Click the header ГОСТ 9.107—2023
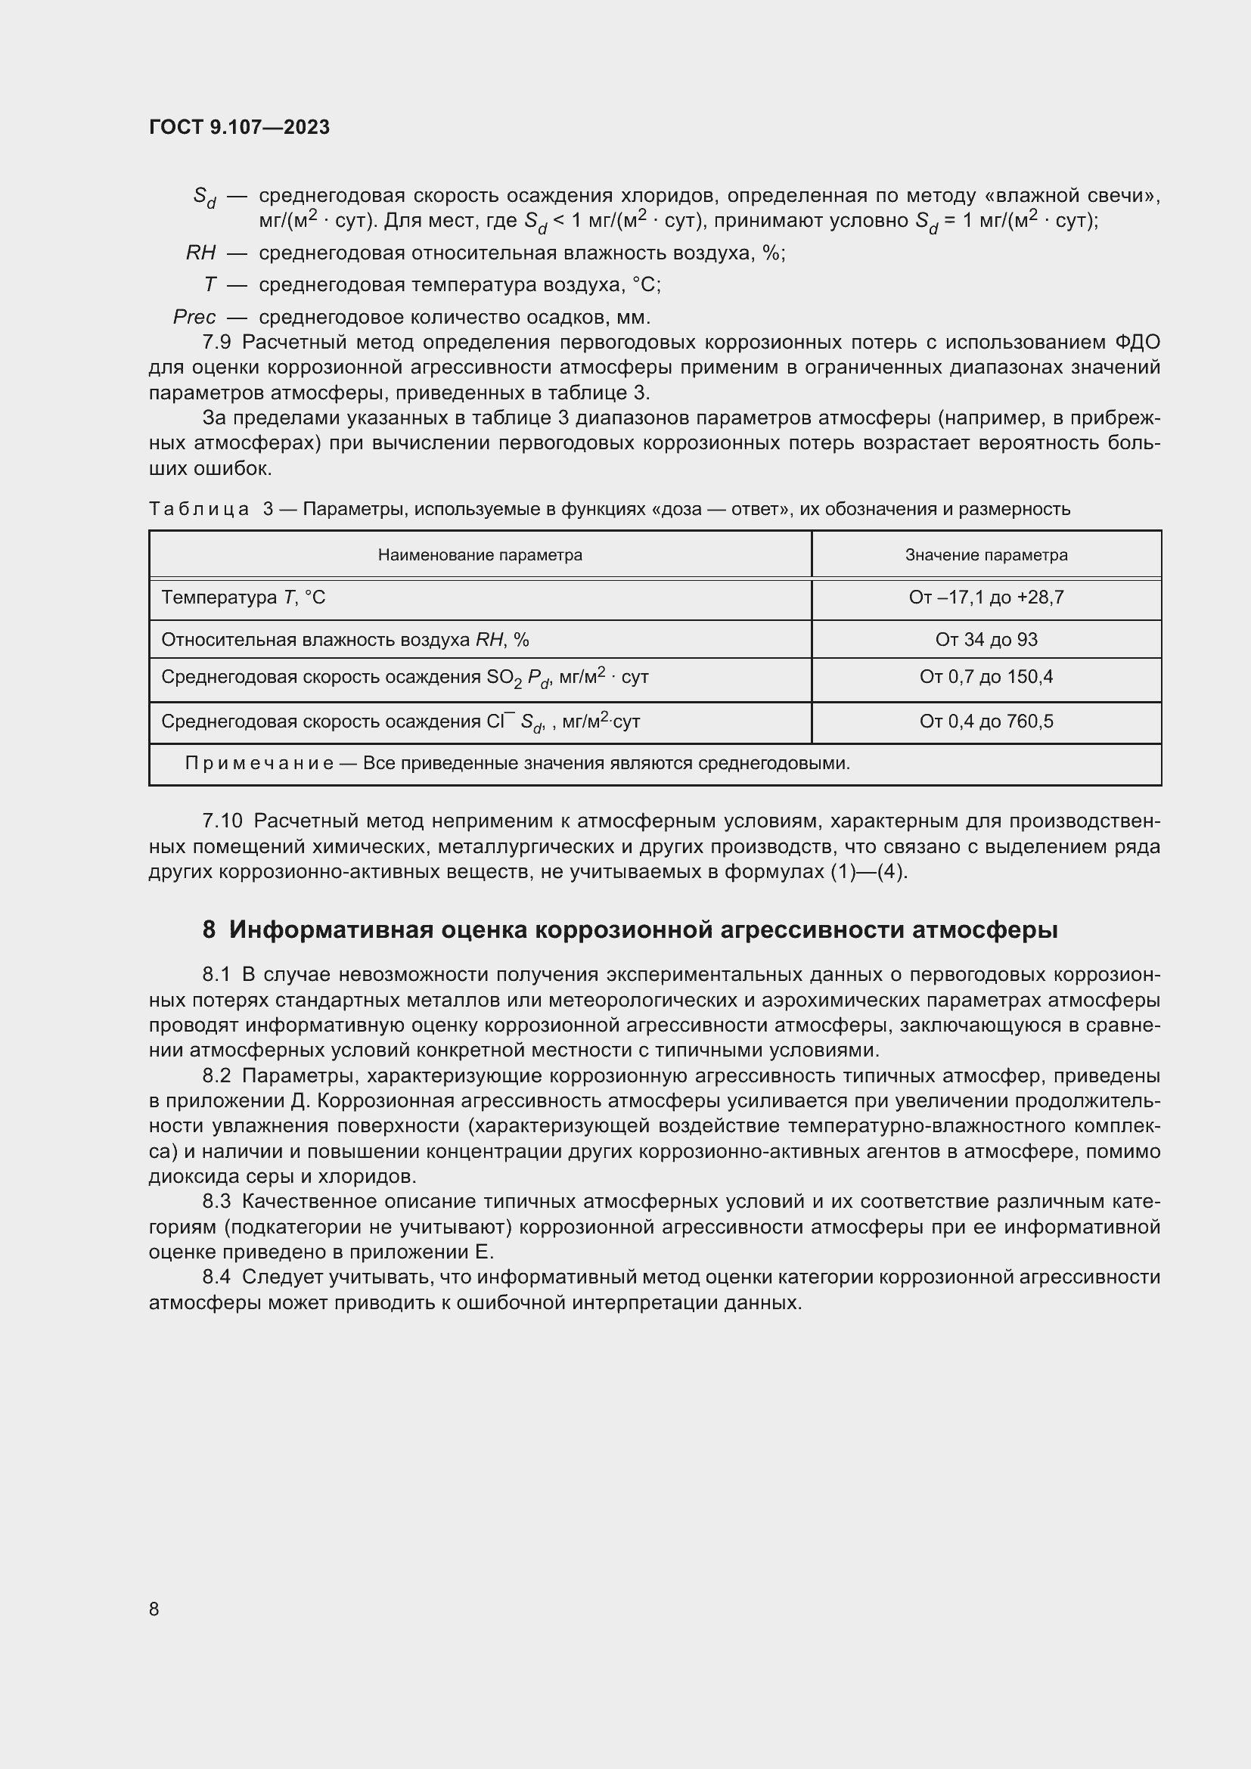pyautogui.click(x=239, y=127)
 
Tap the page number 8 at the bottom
pyautogui.click(x=154, y=1609)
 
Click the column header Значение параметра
pyautogui.click(x=986, y=554)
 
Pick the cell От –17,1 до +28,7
pyautogui.click(x=986, y=597)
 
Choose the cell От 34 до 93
pyautogui.click(x=986, y=640)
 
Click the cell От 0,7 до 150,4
pyautogui.click(x=986, y=677)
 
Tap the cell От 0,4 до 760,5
pyautogui.click(x=986, y=722)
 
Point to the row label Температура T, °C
pyautogui.click(x=243, y=597)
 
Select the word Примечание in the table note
pyautogui.click(x=259, y=764)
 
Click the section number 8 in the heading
pyautogui.click(x=209, y=930)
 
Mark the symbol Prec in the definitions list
pyautogui.click(x=194, y=317)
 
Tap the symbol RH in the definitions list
pyautogui.click(x=200, y=253)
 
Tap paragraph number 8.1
pyautogui.click(x=216, y=975)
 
